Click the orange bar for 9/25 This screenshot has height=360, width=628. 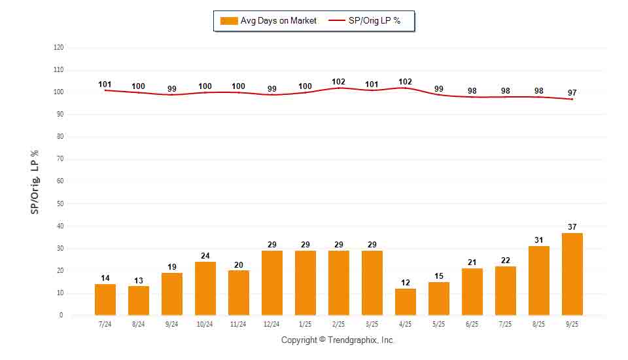coord(572,274)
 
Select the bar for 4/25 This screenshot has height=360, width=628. coord(405,302)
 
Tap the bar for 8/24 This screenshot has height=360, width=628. coord(138,300)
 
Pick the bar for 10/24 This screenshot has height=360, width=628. coord(205,289)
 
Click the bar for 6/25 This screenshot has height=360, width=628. coord(472,292)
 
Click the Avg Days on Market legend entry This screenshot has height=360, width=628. coord(269,21)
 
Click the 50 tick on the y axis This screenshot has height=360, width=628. coord(60,204)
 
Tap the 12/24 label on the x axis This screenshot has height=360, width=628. coord(271,324)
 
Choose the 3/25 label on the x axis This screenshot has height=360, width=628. coord(372,324)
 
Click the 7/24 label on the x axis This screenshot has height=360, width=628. coord(105,324)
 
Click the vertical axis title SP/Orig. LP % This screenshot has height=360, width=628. coord(35,181)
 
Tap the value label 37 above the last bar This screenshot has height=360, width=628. coord(572,227)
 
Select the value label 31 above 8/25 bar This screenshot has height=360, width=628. coord(538,240)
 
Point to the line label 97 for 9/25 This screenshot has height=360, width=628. coord(572,92)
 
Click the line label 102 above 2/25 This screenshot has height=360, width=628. coord(338,82)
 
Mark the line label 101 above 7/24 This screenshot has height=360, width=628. coord(105,84)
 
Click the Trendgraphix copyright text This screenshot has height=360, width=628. coord(338,340)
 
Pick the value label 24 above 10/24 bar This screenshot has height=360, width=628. coord(205,256)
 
